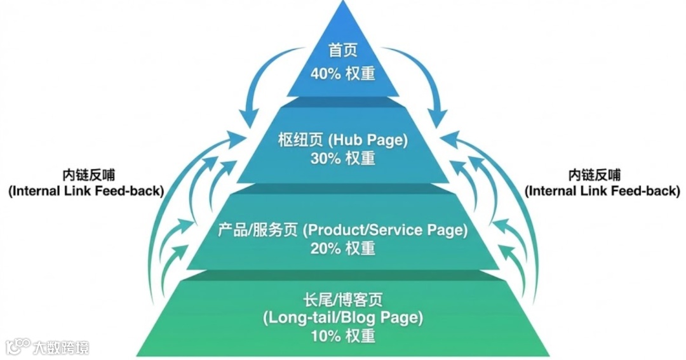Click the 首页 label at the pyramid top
343,50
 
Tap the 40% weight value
343,73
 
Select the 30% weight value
343,158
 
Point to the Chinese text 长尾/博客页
343,298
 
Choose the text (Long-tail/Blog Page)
343,317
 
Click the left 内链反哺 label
86,175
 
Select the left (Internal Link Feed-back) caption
86,190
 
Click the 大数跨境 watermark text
62,347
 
